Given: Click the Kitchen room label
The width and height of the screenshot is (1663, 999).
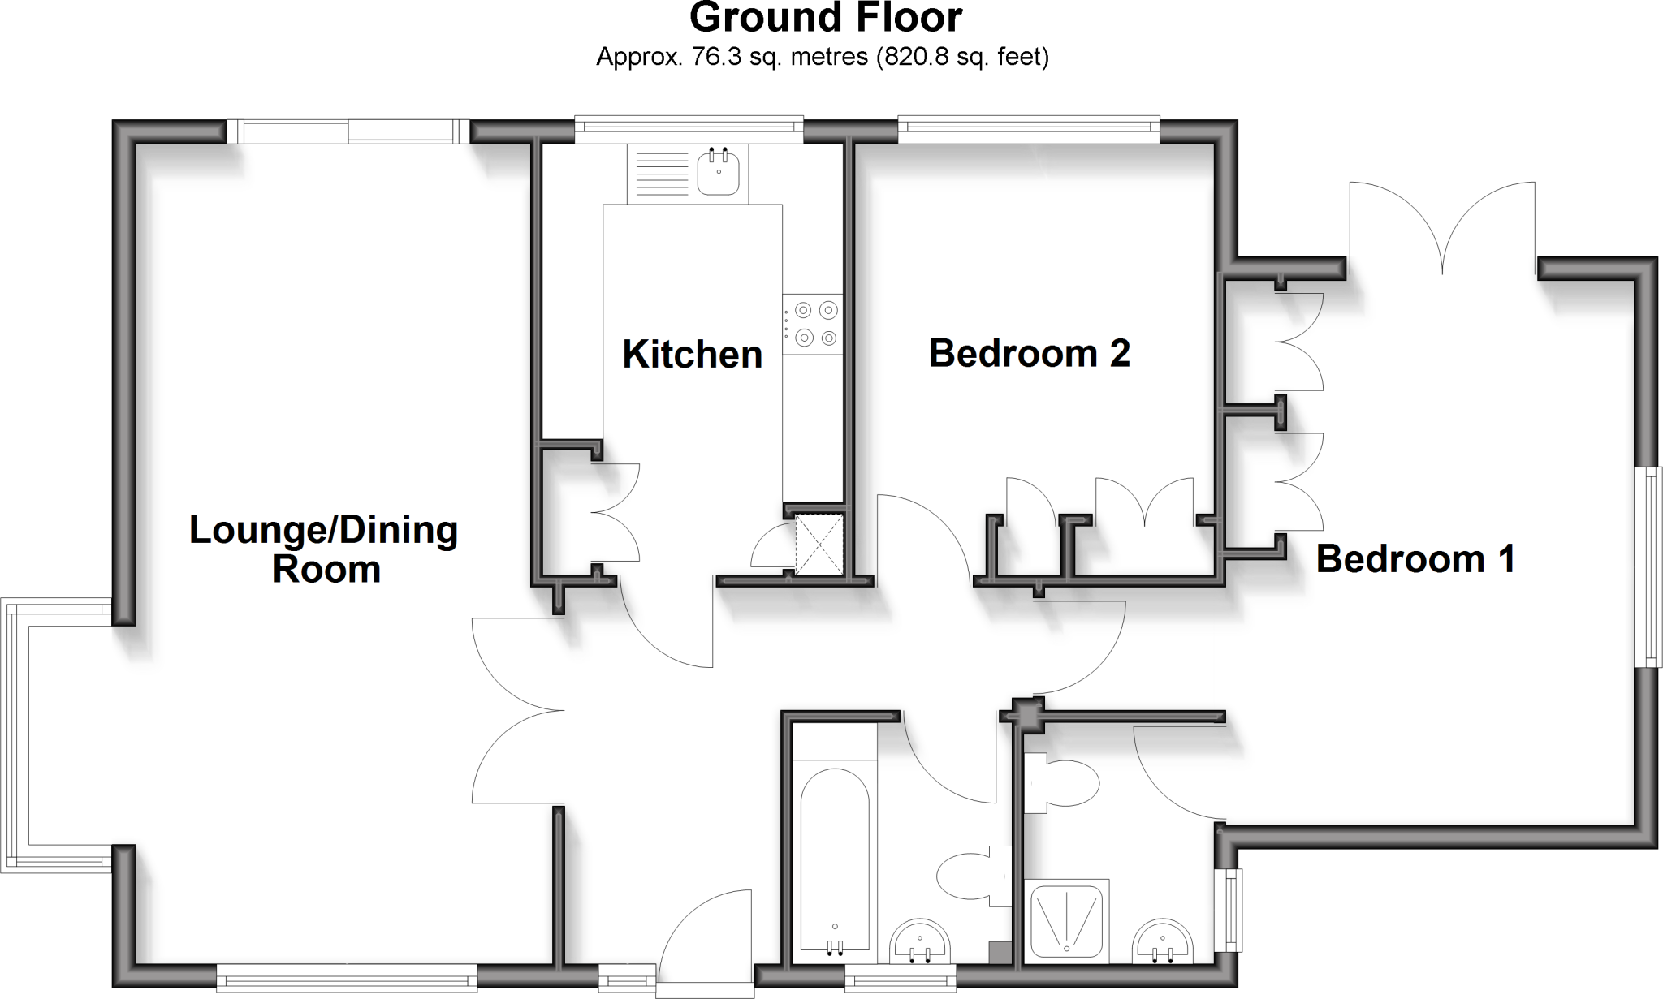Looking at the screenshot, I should click(692, 355).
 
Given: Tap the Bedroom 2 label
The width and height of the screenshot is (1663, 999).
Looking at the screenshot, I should click(1029, 353).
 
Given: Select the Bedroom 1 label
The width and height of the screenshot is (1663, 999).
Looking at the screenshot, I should click(1415, 559).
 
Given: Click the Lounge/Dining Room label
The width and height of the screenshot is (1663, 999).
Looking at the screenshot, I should click(325, 549).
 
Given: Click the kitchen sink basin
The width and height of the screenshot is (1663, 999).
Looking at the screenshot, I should click(718, 174).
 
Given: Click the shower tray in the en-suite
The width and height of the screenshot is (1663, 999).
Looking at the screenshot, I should click(1066, 921).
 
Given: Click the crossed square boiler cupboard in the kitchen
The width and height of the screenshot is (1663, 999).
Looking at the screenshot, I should click(820, 545).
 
